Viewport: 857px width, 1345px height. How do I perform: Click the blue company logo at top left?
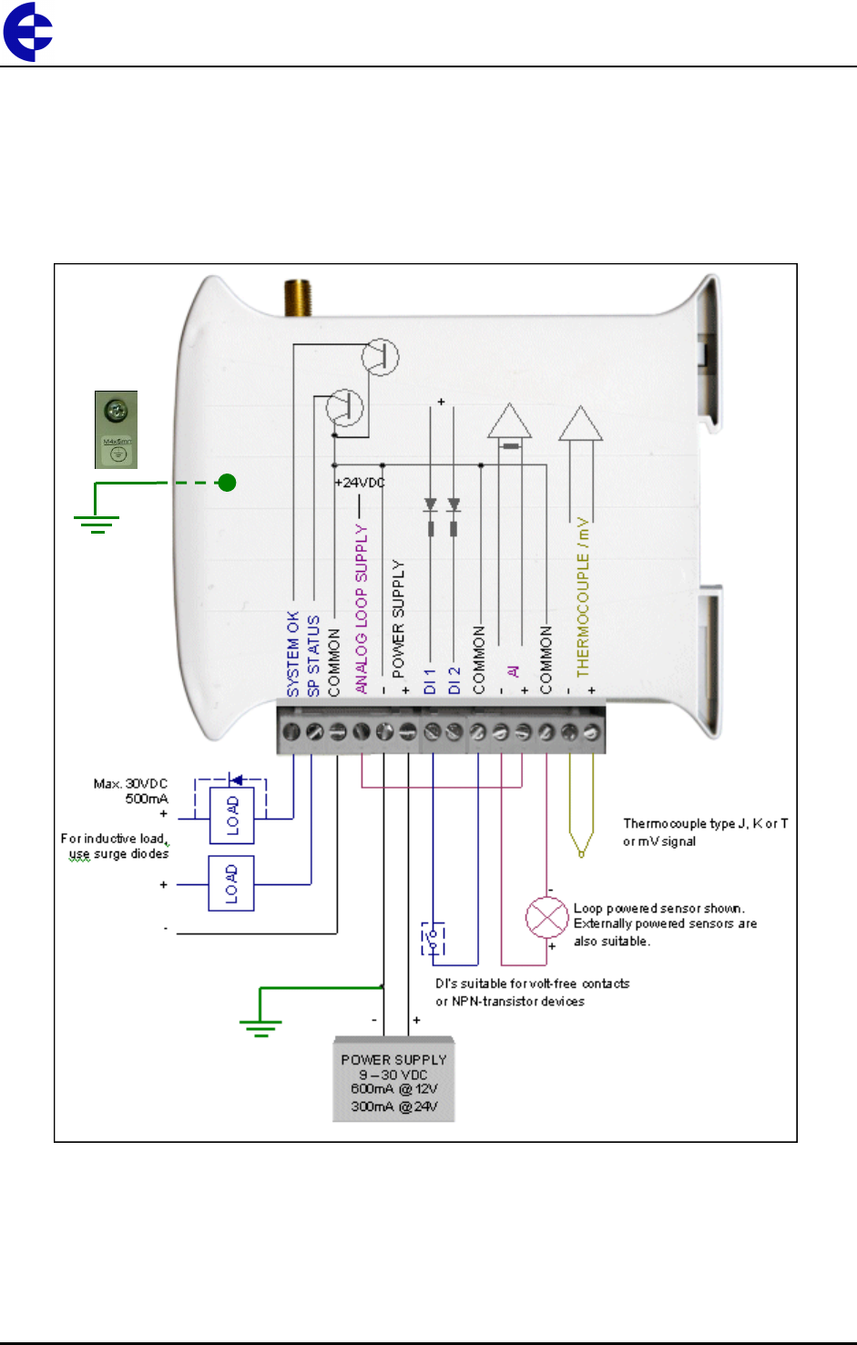(x=27, y=31)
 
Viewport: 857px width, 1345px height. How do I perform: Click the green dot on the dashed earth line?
(x=228, y=483)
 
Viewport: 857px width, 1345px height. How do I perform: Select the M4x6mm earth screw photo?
(x=117, y=430)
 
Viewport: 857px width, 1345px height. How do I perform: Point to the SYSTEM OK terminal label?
(x=293, y=654)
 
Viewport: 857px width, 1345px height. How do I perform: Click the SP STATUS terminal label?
(x=313, y=656)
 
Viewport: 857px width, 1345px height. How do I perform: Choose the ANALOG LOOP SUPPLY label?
(x=362, y=608)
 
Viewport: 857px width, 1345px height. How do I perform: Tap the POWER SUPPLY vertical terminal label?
(x=398, y=618)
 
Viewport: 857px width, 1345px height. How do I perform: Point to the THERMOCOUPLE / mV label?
(x=583, y=597)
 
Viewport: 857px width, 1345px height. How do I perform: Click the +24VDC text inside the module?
(x=360, y=483)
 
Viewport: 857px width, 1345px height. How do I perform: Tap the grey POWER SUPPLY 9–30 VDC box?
(x=393, y=1079)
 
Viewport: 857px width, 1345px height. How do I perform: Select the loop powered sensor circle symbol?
(x=547, y=918)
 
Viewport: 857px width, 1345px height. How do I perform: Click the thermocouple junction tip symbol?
(x=581, y=851)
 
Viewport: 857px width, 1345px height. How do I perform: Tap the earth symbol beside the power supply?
(x=260, y=1027)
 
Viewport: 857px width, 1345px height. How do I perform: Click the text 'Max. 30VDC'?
(x=130, y=784)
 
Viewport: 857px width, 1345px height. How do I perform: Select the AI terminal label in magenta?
(x=513, y=671)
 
